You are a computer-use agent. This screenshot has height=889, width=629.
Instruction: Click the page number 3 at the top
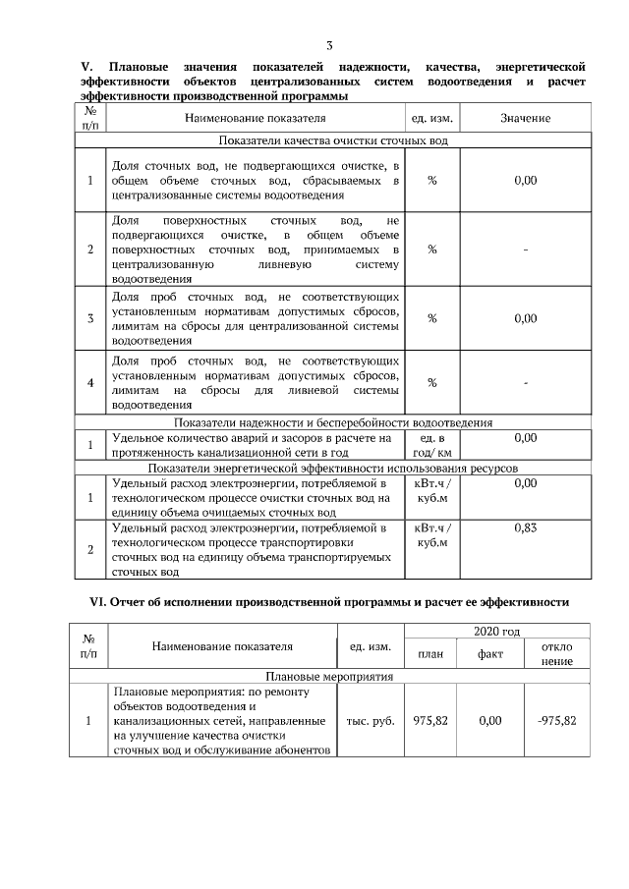329,45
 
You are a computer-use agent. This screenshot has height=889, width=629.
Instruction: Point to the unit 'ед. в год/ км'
431,445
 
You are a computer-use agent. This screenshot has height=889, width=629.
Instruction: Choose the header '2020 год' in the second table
499,632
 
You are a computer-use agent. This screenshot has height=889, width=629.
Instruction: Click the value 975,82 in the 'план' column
430,720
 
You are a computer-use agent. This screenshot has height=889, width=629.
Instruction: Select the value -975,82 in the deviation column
557,720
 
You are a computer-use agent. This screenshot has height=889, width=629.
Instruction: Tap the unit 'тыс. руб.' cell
372,720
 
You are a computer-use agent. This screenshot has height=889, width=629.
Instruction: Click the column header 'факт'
490,654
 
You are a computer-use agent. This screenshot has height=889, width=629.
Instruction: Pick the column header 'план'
430,654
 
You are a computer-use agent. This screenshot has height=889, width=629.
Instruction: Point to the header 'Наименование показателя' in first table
255,119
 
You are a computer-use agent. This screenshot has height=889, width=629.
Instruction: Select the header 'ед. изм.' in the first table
431,119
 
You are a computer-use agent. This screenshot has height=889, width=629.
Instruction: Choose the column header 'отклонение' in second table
557,654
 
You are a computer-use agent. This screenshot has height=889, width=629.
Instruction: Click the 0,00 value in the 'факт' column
490,720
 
